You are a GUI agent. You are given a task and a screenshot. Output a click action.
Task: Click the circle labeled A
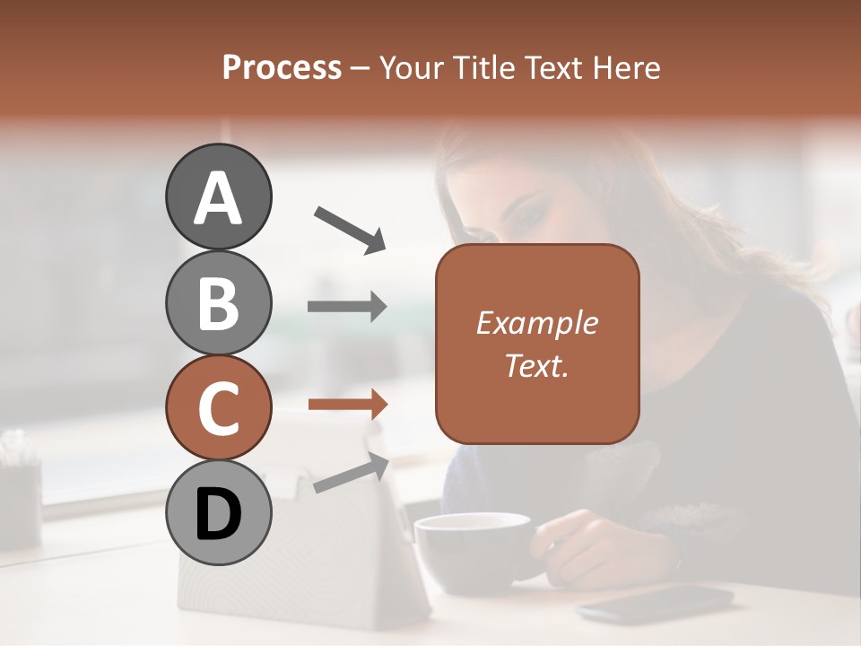click(218, 196)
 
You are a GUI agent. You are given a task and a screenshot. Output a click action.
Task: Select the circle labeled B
click(218, 302)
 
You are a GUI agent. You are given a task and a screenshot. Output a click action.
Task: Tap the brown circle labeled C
click(218, 408)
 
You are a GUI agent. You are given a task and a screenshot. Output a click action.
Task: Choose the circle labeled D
click(218, 513)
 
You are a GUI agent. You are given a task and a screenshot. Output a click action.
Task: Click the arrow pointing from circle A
click(350, 229)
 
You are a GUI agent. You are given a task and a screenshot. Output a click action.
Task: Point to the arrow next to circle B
click(347, 307)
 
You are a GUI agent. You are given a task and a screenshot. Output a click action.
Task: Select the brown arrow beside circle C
click(347, 405)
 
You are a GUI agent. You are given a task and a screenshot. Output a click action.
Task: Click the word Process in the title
click(282, 67)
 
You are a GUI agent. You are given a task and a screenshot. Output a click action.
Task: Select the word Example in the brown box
click(536, 323)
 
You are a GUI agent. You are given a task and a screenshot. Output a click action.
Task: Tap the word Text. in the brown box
click(536, 365)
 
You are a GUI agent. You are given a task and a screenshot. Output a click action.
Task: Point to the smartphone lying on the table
click(655, 602)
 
